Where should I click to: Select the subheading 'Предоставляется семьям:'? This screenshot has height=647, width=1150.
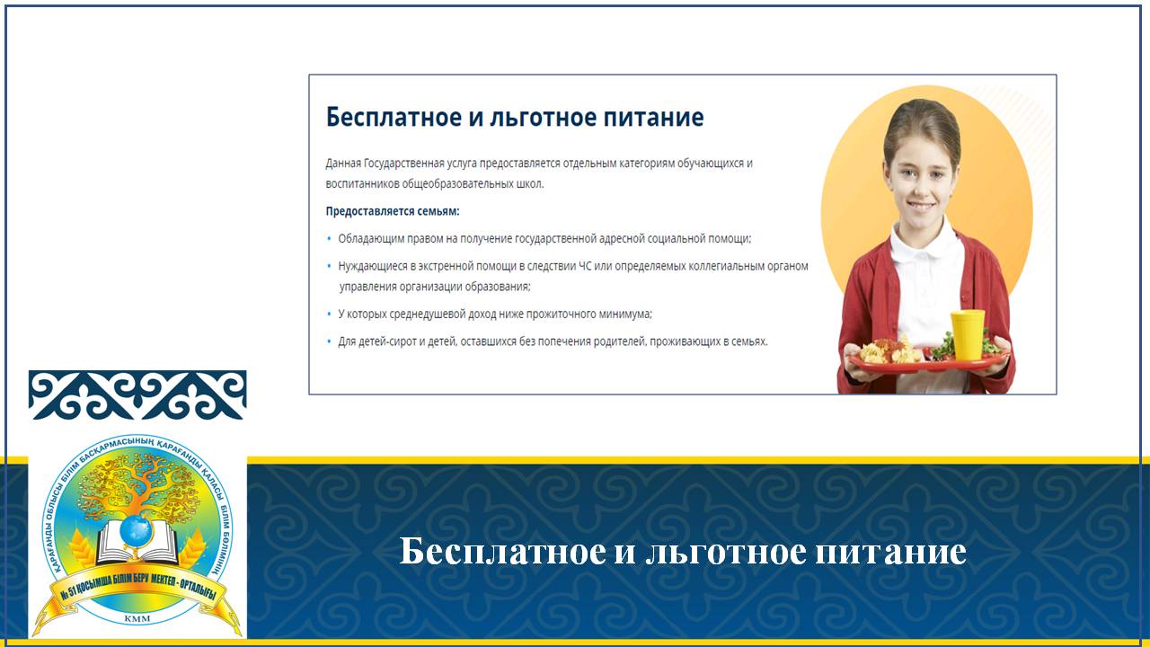(x=393, y=211)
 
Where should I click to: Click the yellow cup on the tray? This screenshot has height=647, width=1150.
(x=968, y=334)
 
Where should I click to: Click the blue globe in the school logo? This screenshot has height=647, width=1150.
(x=136, y=530)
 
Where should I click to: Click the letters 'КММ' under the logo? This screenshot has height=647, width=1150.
(x=137, y=619)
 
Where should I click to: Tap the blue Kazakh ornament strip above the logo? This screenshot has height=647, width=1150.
(x=137, y=394)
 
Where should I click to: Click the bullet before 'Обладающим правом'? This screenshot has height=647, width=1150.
(x=329, y=239)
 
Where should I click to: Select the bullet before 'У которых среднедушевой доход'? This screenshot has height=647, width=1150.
(x=329, y=314)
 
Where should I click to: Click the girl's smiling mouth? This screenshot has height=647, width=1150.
(x=921, y=208)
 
